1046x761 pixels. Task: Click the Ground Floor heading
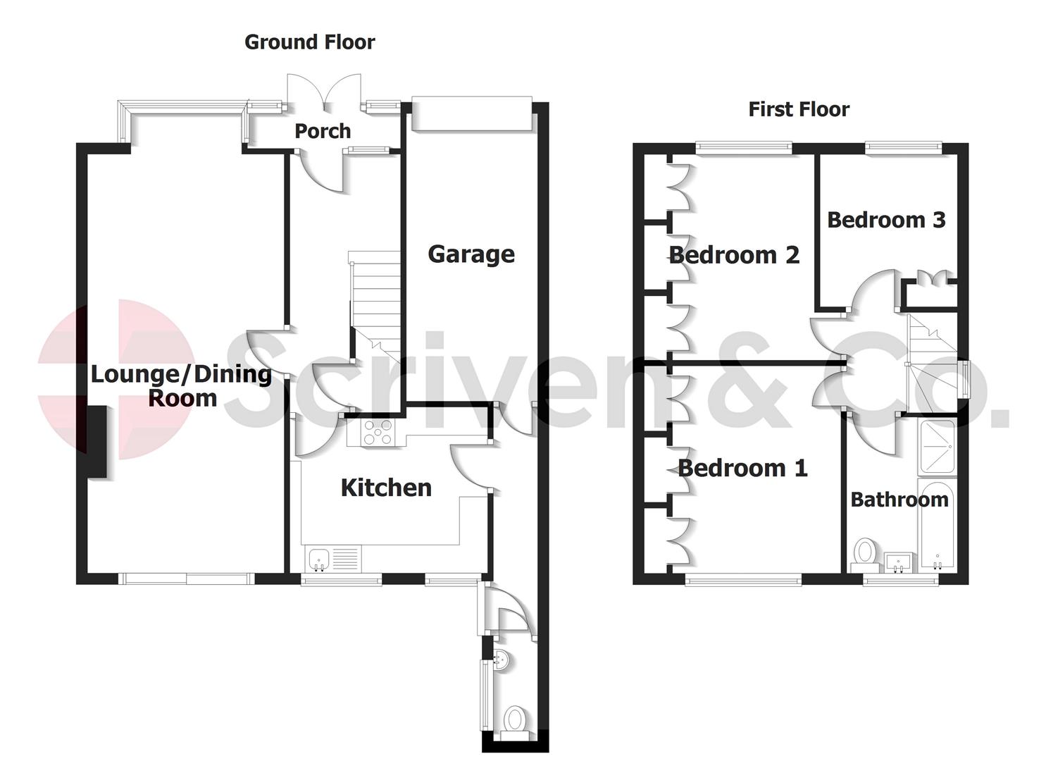pos(309,42)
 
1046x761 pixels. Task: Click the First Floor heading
pos(798,109)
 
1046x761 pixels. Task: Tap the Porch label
pos(322,131)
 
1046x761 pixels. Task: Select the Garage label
pos(471,254)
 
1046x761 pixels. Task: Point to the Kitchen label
pos(386,488)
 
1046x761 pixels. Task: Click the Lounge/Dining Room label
pos(182,386)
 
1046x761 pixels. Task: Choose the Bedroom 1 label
pos(742,468)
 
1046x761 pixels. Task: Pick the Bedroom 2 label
pos(734,254)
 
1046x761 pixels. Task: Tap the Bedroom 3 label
pos(885,220)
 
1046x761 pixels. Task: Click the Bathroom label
pos(899,500)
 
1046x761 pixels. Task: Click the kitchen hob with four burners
pos(378,433)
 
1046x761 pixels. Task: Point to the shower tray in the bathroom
pos(936,446)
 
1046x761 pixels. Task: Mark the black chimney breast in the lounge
pos(96,442)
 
